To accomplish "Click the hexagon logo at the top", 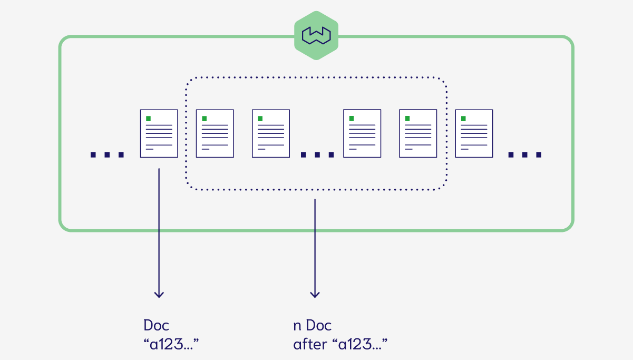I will (x=316, y=35).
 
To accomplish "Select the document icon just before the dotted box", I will (x=159, y=133).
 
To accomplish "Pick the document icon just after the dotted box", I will (x=474, y=133).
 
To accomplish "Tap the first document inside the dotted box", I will (x=215, y=133).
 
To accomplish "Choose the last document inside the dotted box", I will (x=418, y=133).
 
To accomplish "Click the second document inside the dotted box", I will (x=271, y=133).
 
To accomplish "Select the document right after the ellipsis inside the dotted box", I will (x=362, y=133).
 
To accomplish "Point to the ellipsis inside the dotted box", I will (x=317, y=155).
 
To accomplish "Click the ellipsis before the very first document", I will (x=107, y=155).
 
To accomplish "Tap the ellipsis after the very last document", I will (x=525, y=155).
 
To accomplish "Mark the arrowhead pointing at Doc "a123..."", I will (x=159, y=294).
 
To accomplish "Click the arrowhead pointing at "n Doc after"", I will (x=315, y=294).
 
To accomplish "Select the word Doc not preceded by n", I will (x=157, y=325).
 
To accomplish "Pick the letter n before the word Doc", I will (x=297, y=326).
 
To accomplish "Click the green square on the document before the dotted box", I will (x=149, y=119).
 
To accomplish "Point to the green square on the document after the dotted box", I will (x=463, y=119).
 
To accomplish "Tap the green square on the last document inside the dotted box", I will (x=407, y=119).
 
